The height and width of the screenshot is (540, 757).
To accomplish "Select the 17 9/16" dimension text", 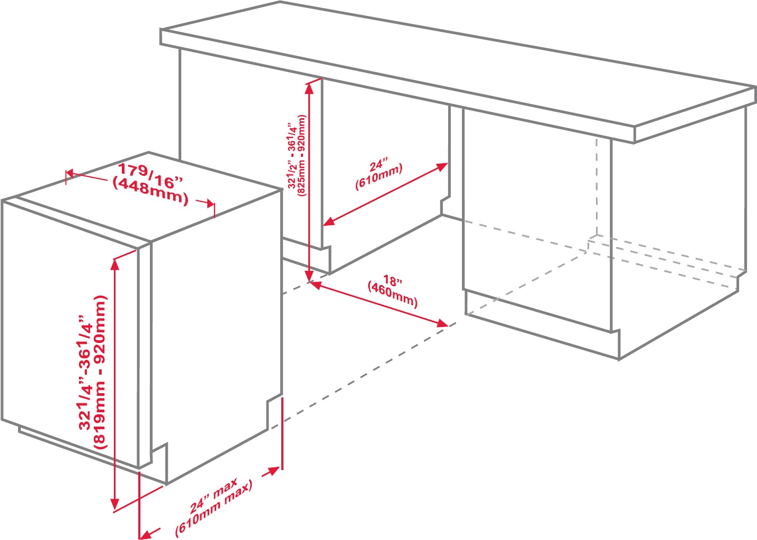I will click(x=150, y=176).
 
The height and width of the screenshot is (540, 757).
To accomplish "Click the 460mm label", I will click(x=393, y=295).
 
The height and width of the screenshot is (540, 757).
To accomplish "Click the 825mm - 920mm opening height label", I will click(x=302, y=156).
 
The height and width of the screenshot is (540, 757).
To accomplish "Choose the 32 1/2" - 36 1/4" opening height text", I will click(x=292, y=156).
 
